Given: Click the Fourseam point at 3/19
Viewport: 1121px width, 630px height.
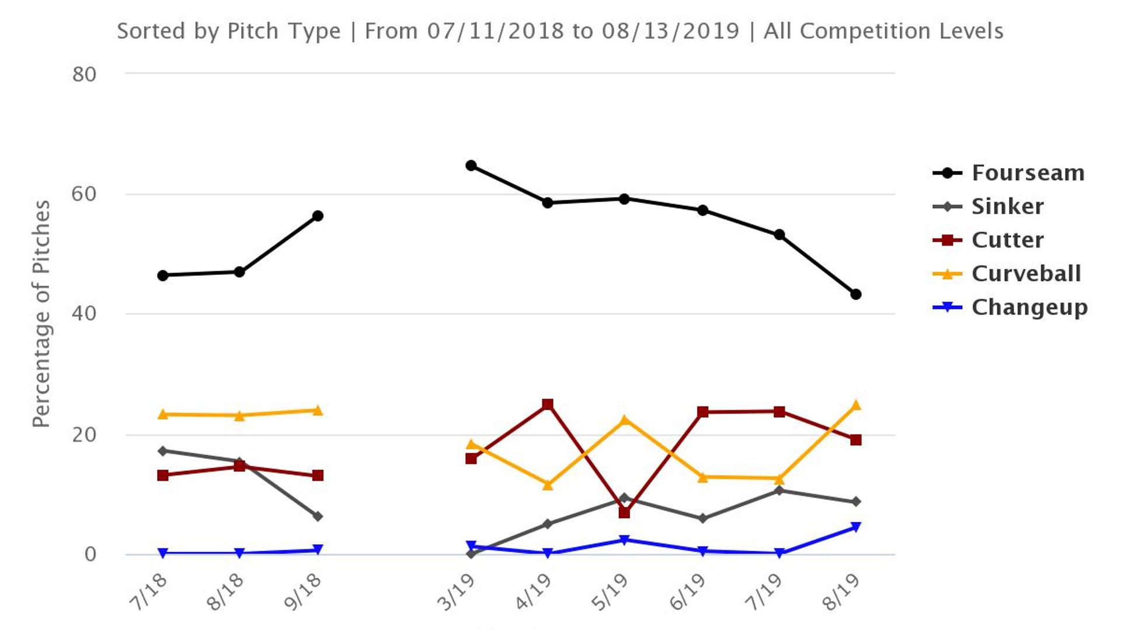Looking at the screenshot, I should [471, 166].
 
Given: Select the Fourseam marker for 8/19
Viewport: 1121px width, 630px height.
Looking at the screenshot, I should [856, 295].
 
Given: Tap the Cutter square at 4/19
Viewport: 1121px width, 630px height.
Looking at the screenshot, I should [548, 404].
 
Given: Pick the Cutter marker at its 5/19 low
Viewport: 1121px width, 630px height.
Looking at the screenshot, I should [624, 513].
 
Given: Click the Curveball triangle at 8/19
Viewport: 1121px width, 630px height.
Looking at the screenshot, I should [856, 405].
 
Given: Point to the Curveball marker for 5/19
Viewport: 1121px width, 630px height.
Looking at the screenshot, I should [624, 420].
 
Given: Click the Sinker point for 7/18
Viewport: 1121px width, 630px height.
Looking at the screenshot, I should [163, 451].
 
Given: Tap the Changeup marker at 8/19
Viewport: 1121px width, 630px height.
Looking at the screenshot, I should [856, 527].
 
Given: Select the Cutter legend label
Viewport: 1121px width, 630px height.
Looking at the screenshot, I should [1007, 240].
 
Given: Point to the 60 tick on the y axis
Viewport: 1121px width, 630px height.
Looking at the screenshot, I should [84, 194].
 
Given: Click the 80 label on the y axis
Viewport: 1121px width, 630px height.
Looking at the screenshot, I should [84, 75].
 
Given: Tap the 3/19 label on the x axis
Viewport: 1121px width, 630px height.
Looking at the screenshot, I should [456, 592].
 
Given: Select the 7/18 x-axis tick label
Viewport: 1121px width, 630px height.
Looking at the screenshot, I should [148, 592].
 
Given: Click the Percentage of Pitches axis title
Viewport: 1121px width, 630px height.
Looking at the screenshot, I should [41, 314].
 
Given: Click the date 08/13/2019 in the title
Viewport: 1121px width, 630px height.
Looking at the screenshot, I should [670, 31].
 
